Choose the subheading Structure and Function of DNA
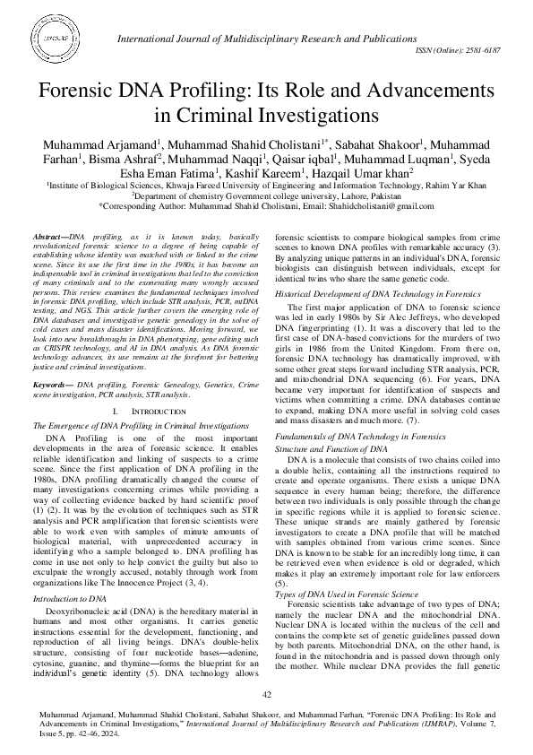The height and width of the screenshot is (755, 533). pyautogui.click(x=331, y=446)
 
